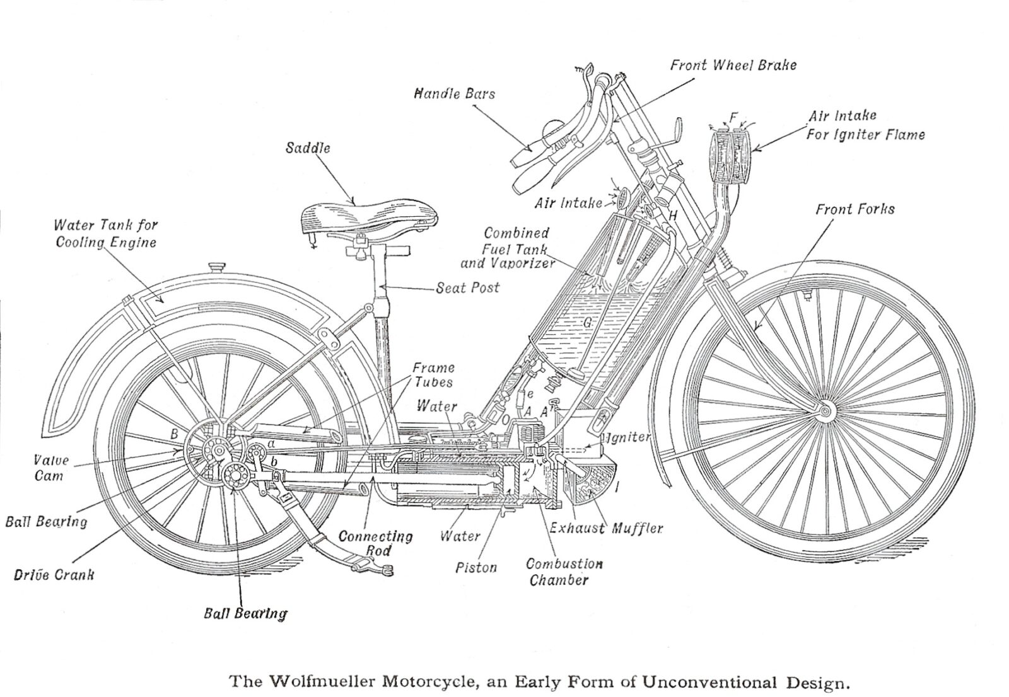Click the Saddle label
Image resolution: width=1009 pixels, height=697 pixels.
point(308,149)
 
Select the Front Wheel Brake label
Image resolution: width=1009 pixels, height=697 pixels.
point(733,65)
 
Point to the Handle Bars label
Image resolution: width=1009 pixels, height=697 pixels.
point(454,94)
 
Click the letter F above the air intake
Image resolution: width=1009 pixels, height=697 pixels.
point(733,117)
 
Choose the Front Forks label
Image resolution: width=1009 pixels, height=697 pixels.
point(854,209)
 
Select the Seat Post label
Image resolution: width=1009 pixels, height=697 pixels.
point(467,288)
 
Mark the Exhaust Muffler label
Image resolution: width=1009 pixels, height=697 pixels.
point(606,528)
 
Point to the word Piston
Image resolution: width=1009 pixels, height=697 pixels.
point(476,568)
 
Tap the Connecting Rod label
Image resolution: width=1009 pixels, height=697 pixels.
point(376,543)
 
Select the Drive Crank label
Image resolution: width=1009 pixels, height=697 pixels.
point(54,575)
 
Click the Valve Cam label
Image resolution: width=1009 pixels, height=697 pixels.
point(50,468)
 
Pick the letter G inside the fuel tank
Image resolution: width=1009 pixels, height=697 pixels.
point(586,322)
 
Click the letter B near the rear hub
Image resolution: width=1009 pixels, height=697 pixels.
point(174,434)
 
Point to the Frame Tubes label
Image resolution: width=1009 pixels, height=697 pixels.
point(433,374)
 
